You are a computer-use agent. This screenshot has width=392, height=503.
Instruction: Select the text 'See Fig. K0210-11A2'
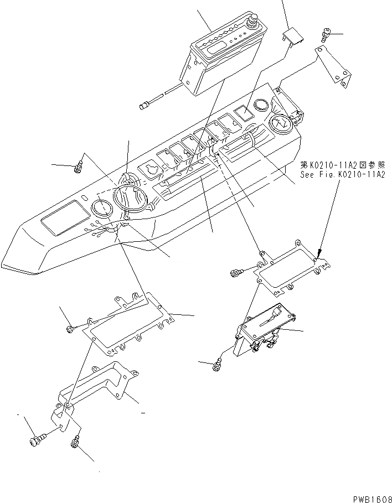(343, 174)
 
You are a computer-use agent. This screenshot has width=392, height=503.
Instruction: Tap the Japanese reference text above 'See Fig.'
(343, 165)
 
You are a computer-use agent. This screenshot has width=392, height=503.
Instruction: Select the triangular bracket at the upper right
(336, 67)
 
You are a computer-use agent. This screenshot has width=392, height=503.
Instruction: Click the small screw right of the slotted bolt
(74, 442)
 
